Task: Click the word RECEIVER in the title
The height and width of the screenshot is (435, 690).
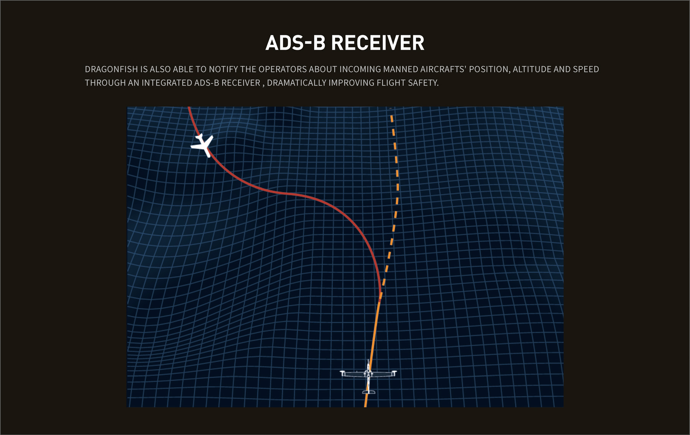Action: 378,43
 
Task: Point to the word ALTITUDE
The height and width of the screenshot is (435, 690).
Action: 532,69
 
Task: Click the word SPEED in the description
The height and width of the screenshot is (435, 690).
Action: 586,69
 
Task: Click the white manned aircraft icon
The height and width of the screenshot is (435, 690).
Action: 202,145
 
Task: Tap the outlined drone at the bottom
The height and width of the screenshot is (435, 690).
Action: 368,376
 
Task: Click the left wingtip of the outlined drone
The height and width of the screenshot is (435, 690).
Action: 342,372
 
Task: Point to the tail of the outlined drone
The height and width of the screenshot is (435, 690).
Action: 369,392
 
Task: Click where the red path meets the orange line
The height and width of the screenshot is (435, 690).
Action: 380,297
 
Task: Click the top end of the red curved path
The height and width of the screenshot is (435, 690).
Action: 189,108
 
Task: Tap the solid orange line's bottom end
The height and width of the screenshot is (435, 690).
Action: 366,406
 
